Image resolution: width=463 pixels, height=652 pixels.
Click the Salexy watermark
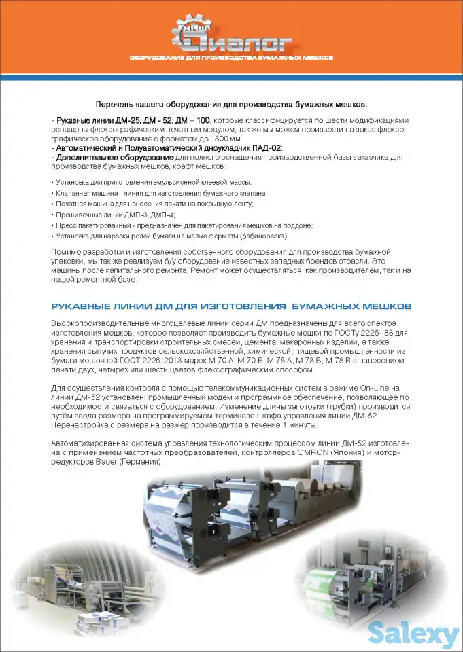click(413, 634)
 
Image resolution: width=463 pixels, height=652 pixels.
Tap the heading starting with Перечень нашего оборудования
click(231, 104)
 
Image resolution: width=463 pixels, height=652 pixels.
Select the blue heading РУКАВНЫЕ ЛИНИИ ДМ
click(231, 306)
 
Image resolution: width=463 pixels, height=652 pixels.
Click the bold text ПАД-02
click(268, 148)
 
